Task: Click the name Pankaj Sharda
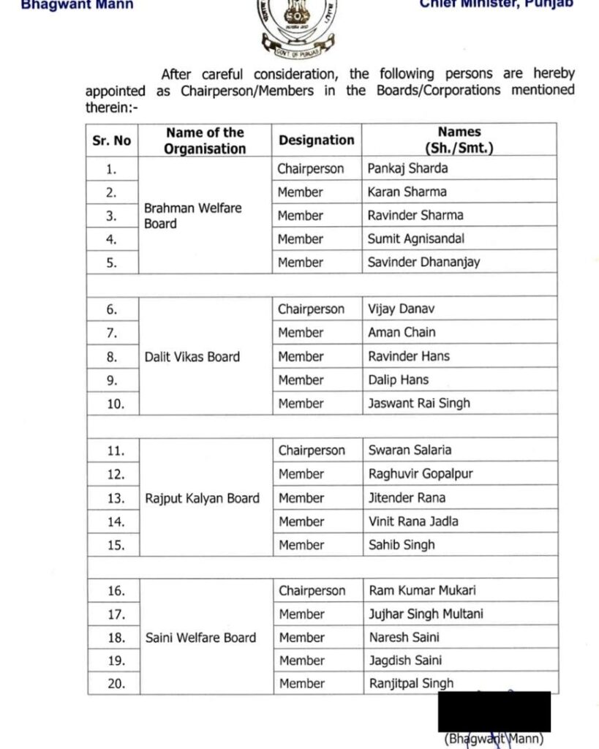tap(408, 168)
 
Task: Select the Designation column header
tap(316, 140)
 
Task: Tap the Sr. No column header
tap(112, 140)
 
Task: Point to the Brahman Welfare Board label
tap(192, 216)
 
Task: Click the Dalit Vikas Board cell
tap(192, 357)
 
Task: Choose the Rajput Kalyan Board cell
tap(202, 498)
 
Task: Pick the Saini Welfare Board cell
tap(200, 637)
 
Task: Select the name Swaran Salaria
tap(410, 450)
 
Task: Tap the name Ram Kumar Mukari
tap(422, 590)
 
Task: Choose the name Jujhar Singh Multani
tap(426, 614)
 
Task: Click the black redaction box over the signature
tap(494, 711)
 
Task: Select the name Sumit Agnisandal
tap(416, 238)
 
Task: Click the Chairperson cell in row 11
tap(311, 450)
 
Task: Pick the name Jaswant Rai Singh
tap(419, 403)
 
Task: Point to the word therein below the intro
tap(108, 107)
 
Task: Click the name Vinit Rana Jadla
tap(413, 522)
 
